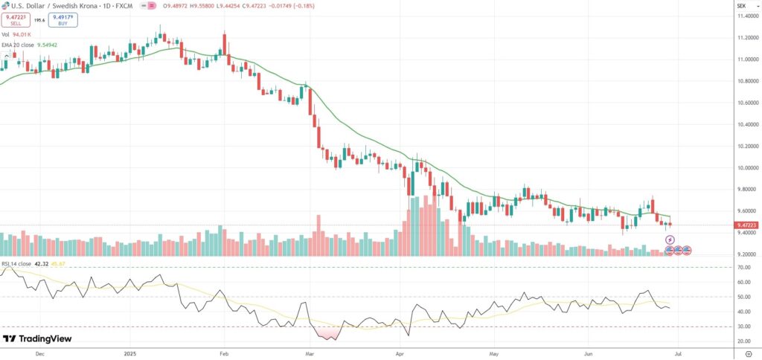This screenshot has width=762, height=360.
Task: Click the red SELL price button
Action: click(x=16, y=19)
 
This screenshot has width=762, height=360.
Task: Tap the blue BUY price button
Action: click(x=63, y=19)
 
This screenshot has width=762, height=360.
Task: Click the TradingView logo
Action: click(x=37, y=339)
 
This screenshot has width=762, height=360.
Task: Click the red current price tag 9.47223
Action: click(x=746, y=225)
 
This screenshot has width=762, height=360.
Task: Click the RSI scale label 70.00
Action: click(x=743, y=267)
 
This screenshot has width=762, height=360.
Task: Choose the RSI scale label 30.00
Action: click(x=743, y=326)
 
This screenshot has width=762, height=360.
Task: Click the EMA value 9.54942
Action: click(x=46, y=44)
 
